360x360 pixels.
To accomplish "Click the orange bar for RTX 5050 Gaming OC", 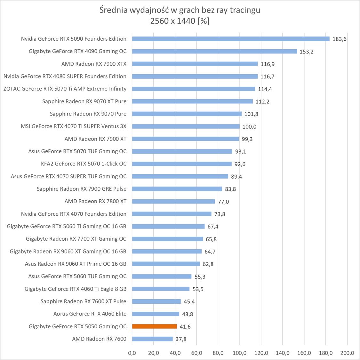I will click(154, 326).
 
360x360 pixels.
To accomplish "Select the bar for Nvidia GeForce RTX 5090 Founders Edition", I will click(230, 39).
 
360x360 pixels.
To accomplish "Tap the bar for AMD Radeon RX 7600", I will click(152, 339).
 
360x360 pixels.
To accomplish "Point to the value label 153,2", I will click(306, 52).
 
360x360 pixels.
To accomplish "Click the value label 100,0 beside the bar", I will click(249, 126).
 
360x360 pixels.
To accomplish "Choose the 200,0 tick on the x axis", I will click(347, 353).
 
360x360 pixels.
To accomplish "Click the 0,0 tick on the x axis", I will click(132, 353).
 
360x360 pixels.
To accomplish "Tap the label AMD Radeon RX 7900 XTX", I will click(94, 64).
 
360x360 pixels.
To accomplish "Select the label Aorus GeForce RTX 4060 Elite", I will click(90, 314).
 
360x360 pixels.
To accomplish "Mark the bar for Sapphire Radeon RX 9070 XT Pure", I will click(192, 101).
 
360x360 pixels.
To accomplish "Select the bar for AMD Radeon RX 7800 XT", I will click(173, 201).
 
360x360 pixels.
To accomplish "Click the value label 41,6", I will click(185, 327).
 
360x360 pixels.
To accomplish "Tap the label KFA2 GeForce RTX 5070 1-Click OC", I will click(84, 164).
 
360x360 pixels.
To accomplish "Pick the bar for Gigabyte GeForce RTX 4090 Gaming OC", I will click(214, 51).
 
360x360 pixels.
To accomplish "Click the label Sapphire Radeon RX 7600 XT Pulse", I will click(84, 301).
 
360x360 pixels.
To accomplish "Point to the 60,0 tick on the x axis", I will click(196, 353).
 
